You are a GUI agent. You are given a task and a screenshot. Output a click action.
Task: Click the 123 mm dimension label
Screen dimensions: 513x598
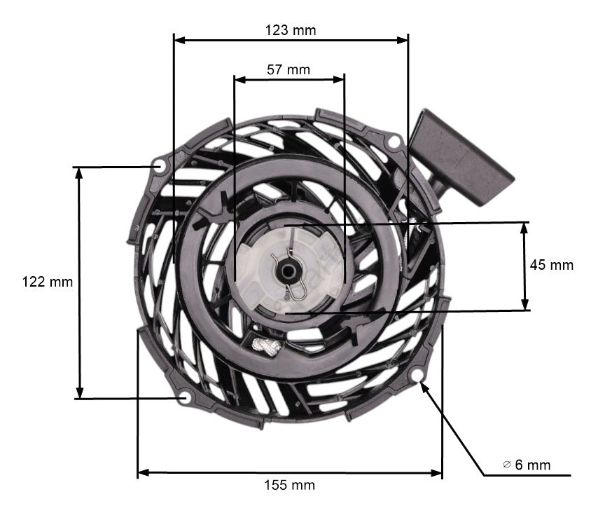point(290,30)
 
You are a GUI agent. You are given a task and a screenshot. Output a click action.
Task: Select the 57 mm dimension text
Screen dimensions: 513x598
point(288,69)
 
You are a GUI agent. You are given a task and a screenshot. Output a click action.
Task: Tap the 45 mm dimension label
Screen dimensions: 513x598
point(551,265)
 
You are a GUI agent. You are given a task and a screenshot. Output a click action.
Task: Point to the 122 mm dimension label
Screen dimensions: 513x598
point(48,282)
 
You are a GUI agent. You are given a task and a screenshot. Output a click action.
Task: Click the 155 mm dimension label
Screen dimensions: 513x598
point(289,485)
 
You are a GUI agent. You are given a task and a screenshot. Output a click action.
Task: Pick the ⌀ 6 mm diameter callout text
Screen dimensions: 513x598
point(527,465)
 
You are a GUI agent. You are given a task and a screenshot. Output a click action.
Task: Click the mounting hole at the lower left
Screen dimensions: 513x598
point(185,398)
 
